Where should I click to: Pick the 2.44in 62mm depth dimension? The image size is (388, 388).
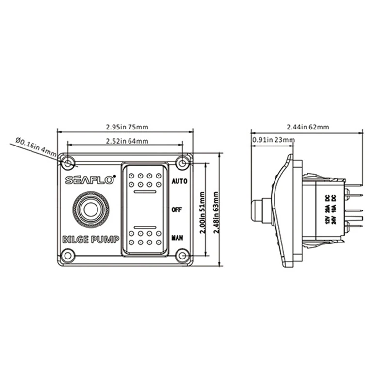pyautogui.click(x=307, y=127)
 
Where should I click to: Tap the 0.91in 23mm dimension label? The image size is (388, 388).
pyautogui.click(x=273, y=140)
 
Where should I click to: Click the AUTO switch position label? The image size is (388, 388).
pyautogui.click(x=180, y=182)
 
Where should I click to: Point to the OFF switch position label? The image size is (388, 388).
pyautogui.click(x=177, y=210)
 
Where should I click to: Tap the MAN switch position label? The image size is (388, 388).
pyautogui.click(x=178, y=238)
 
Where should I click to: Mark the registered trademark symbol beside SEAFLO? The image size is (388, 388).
pyautogui.click(x=114, y=176)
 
